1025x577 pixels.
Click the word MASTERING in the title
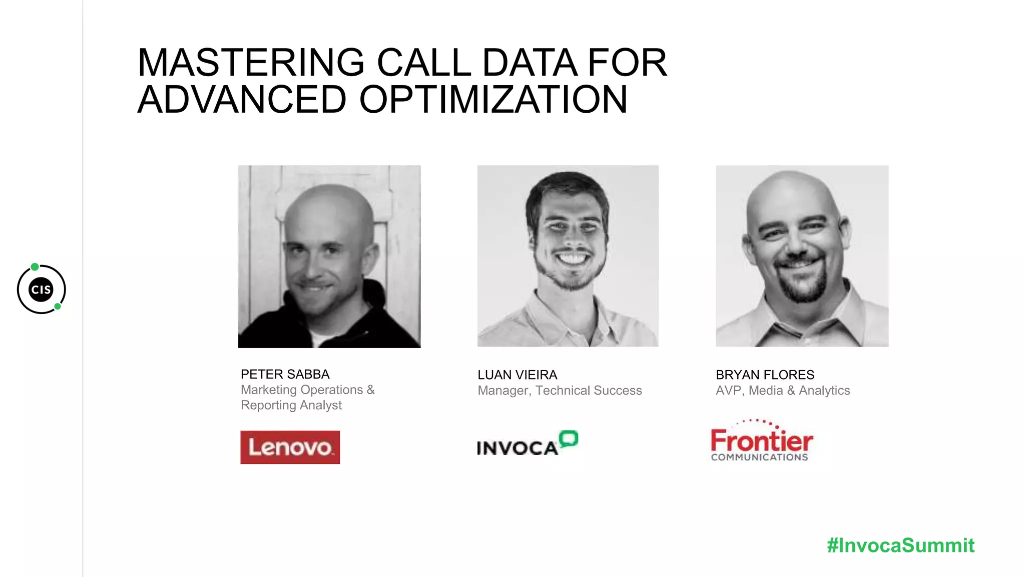pos(251,63)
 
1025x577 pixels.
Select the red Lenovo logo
pos(290,447)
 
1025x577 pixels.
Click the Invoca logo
pos(527,443)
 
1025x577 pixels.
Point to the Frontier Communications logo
pos(761,441)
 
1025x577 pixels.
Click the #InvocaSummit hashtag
pos(900,545)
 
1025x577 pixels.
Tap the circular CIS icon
pos(42,290)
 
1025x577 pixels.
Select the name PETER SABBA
pos(285,374)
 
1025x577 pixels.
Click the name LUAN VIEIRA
pos(517,375)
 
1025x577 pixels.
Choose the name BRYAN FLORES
pos(765,375)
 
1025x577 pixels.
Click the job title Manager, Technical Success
pos(560,390)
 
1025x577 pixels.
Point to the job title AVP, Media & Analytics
pos(783,390)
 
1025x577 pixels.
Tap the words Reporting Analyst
pos(291,405)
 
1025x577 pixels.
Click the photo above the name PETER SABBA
pos(329,256)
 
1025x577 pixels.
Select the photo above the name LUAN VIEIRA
pos(568,256)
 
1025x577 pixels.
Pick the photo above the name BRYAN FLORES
pos(802,256)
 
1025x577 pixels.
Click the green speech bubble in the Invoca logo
pos(569,439)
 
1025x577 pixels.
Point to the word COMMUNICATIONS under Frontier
pos(759,457)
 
